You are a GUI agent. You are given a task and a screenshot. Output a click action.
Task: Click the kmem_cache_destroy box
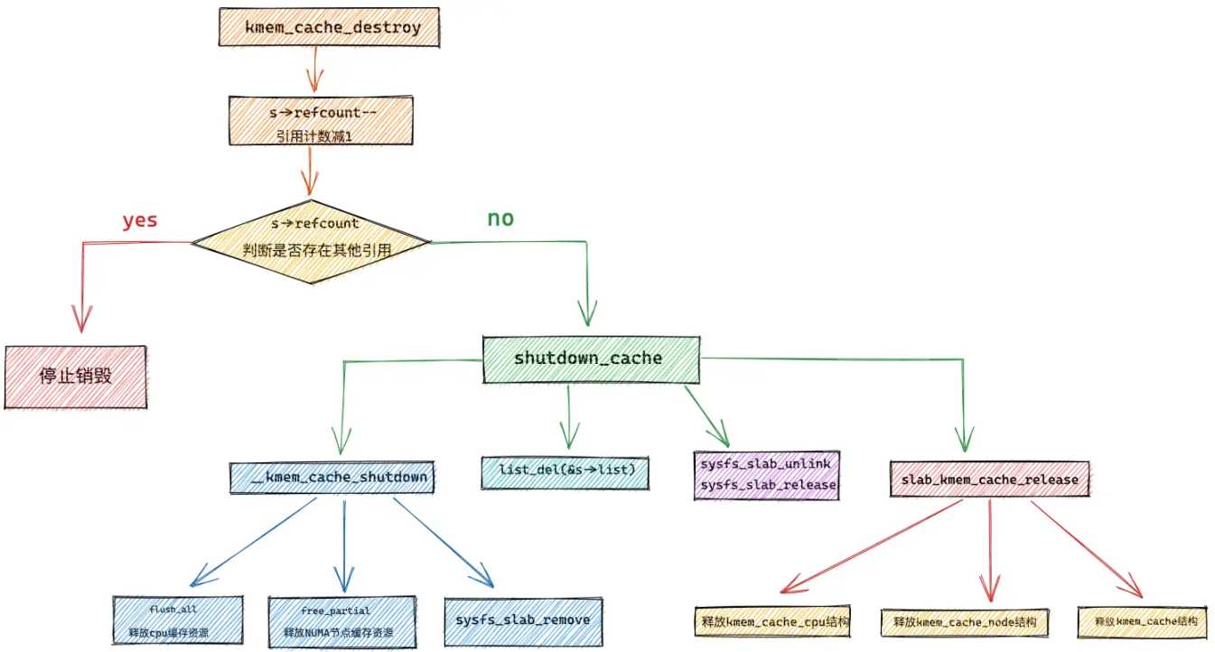[x=329, y=27]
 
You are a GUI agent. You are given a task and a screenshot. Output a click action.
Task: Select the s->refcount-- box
[x=321, y=120]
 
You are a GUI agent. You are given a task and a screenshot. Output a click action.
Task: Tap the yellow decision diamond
[x=312, y=242]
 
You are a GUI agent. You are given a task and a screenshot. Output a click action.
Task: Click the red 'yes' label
[x=140, y=220]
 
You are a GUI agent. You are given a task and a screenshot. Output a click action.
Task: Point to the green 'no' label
[x=500, y=218]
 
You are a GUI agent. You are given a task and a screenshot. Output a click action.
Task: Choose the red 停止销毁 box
[x=75, y=377]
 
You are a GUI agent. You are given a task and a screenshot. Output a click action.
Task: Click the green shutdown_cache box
[x=591, y=359]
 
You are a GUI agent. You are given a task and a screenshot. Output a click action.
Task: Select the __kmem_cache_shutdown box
[x=332, y=478]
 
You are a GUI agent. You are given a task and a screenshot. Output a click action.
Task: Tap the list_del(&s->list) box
[x=565, y=473]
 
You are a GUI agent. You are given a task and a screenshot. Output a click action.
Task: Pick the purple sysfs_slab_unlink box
[x=766, y=475]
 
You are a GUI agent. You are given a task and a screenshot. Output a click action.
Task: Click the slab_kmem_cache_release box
[x=989, y=479]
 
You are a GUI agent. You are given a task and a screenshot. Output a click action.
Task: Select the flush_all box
[x=178, y=620]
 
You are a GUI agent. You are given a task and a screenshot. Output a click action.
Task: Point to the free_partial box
[x=342, y=622]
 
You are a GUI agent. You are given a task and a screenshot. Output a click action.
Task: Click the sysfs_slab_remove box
[x=523, y=621]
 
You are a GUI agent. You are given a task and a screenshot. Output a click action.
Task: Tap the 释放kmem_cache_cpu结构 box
[x=771, y=621]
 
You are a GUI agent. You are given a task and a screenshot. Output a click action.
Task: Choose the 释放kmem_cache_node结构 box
[x=965, y=622]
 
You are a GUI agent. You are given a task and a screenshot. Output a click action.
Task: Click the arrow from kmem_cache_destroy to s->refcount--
[x=314, y=70]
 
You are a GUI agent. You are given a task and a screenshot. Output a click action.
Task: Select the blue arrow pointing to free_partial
[x=344, y=546]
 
